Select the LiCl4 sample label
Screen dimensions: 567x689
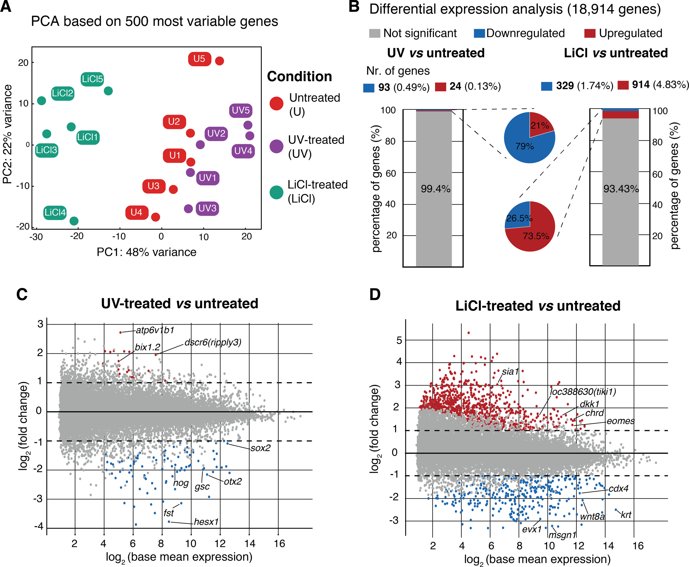coord(55,213)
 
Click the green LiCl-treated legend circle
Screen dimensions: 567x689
coord(276,192)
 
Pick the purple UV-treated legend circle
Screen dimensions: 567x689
coord(276,146)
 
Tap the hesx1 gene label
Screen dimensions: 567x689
coord(206,522)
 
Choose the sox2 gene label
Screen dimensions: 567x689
coord(261,448)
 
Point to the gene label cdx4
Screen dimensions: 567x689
coord(618,489)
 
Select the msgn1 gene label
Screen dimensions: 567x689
coord(562,535)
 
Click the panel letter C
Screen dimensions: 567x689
coord(22,295)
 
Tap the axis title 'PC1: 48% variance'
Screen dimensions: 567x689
coord(147,252)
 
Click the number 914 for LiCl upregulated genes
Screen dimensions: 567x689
coord(641,85)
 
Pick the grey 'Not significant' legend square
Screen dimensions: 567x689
coord(374,33)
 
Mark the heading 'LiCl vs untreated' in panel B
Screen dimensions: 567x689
coord(616,53)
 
